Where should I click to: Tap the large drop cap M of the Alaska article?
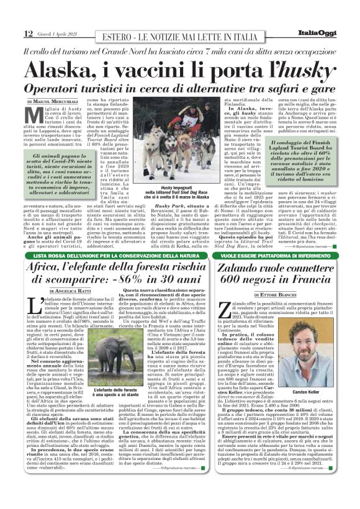click(34, 116)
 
